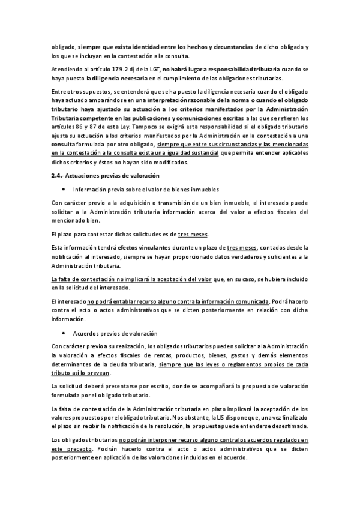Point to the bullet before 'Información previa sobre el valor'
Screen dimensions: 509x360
[x=63, y=189]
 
